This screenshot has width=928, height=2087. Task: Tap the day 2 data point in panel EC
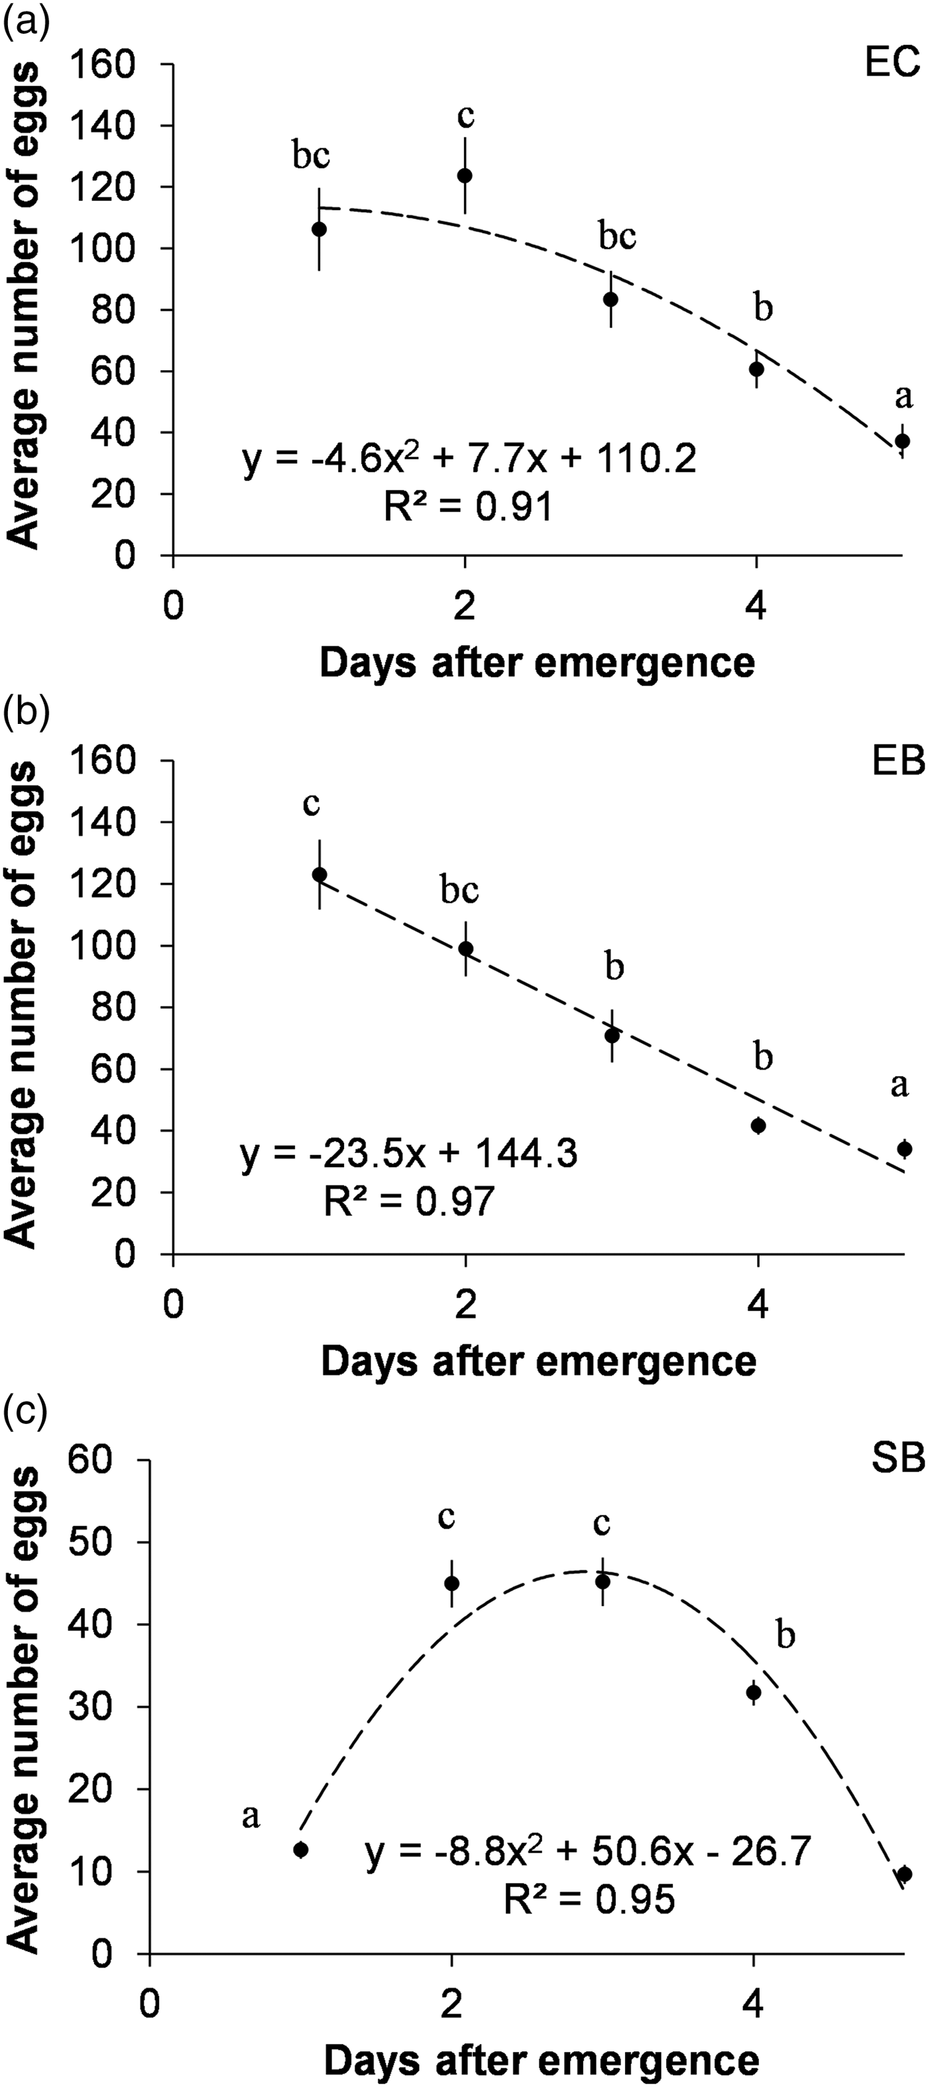pyautogui.click(x=465, y=176)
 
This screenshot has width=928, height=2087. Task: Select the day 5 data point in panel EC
pyautogui.click(x=902, y=440)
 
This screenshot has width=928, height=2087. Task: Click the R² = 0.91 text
pyautogui.click(x=469, y=508)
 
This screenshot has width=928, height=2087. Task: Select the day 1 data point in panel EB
pyautogui.click(x=319, y=874)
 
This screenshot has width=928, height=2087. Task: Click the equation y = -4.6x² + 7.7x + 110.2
pyautogui.click(x=469, y=462)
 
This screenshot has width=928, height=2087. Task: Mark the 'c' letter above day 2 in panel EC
pyautogui.click(x=465, y=116)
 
